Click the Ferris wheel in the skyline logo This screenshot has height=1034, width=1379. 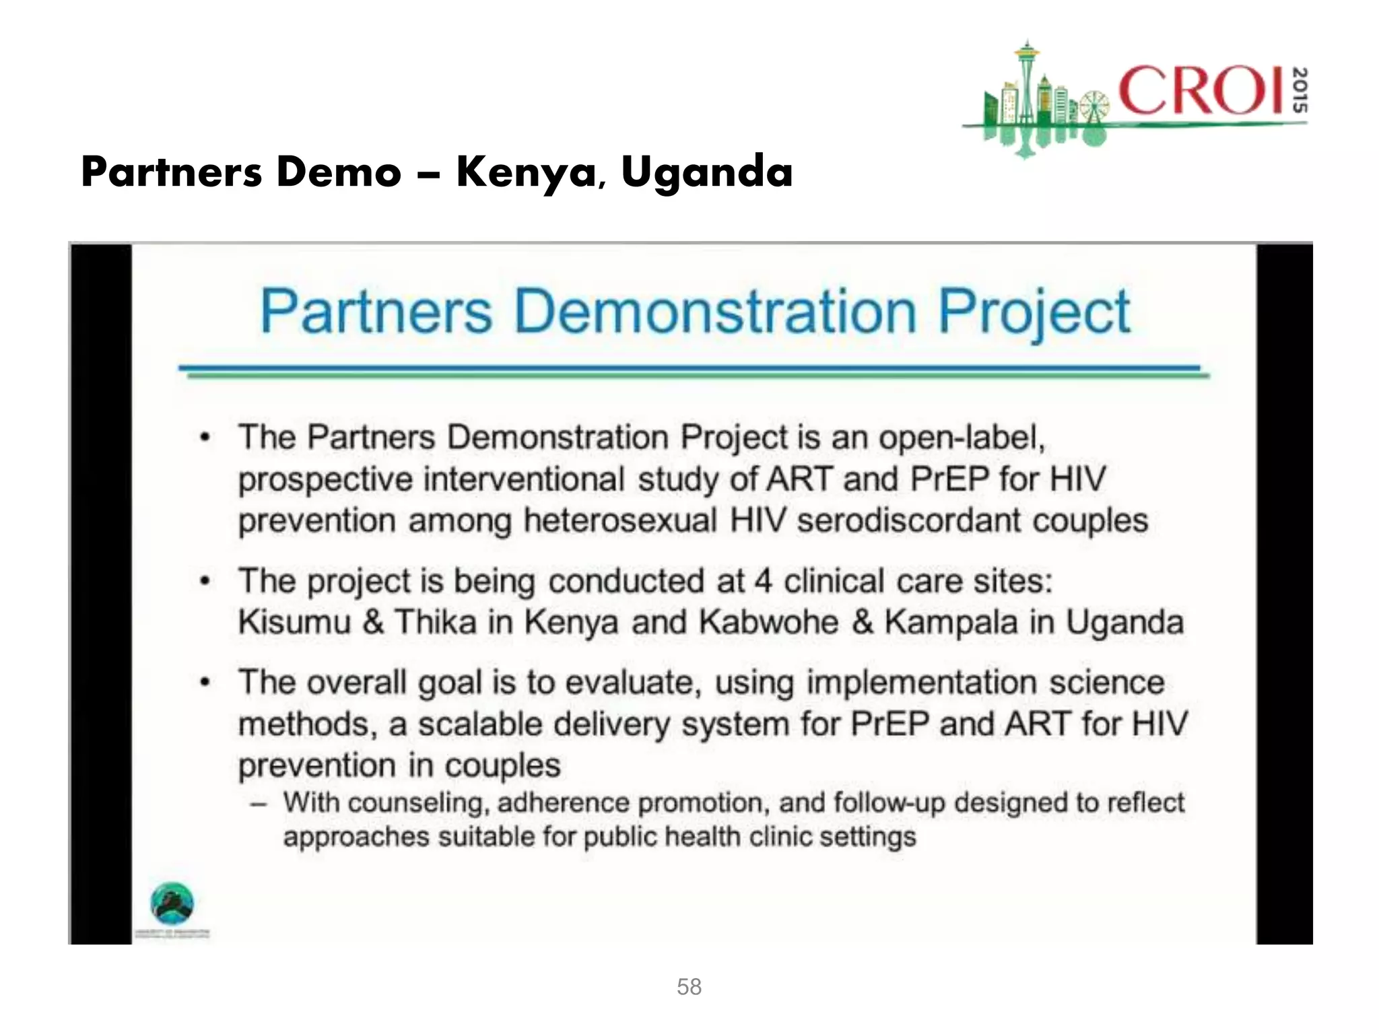pyautogui.click(x=1094, y=108)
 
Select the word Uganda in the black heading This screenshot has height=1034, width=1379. pyautogui.click(x=706, y=172)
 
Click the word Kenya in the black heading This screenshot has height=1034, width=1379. pyautogui.click(x=525, y=172)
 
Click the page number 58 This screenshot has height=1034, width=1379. pyautogui.click(x=689, y=987)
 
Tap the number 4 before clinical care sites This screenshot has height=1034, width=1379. pyautogui.click(x=762, y=581)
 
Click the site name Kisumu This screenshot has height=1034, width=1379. pyautogui.click(x=294, y=622)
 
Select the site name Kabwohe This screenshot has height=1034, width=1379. pyautogui.click(x=768, y=622)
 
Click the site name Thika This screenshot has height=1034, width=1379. pyautogui.click(x=435, y=622)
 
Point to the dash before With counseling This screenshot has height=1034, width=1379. pyautogui.click(x=259, y=803)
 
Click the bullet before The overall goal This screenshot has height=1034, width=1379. pyautogui.click(x=205, y=683)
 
